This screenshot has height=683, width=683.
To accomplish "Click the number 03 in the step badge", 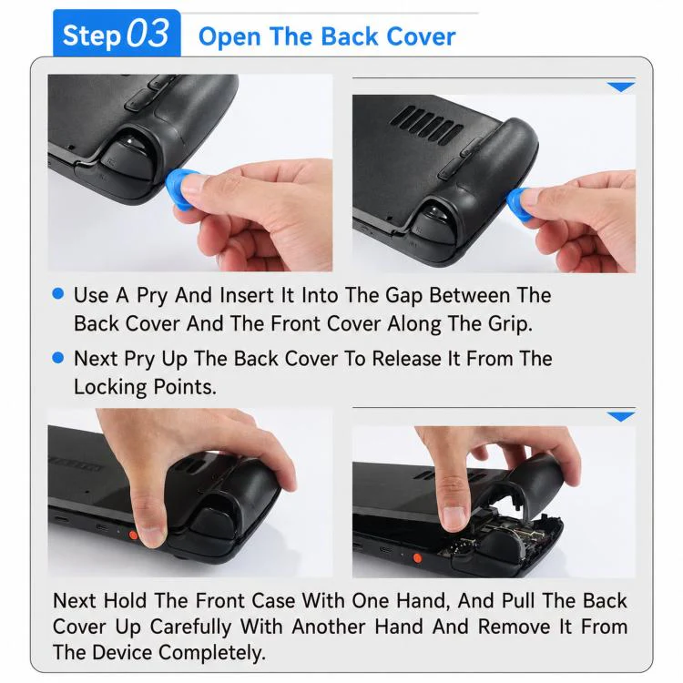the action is (148, 34).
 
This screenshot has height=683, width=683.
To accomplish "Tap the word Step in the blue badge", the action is (91, 36).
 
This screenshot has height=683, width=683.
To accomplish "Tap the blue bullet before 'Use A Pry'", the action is (58, 293).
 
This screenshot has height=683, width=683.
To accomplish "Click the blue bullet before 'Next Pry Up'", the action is (58, 358).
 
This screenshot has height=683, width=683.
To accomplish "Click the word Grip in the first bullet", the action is (510, 324).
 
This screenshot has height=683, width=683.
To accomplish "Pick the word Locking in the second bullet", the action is (110, 388).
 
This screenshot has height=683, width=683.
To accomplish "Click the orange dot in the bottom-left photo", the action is (133, 535).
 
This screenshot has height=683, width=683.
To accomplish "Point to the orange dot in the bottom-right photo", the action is (417, 558).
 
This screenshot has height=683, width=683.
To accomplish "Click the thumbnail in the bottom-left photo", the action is (151, 533).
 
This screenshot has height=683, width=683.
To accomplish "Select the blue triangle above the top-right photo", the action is (621, 87).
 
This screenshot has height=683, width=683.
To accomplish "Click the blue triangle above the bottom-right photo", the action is (621, 416).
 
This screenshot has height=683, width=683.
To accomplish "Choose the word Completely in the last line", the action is (211, 653).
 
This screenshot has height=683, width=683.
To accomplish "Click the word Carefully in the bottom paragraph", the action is (190, 627).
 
